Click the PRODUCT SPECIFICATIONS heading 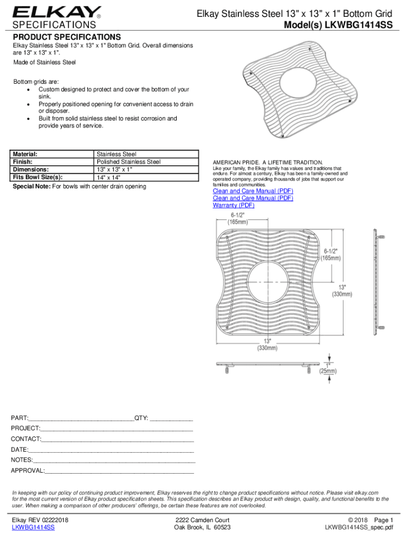[67, 37]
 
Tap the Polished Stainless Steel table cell [129, 162]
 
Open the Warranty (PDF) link [234, 205]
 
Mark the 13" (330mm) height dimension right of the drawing [342, 290]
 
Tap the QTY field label [142, 418]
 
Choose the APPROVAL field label [28, 470]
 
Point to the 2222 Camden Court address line [202, 520]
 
